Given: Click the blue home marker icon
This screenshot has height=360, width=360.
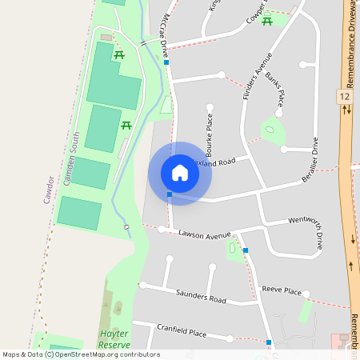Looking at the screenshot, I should coord(180,173).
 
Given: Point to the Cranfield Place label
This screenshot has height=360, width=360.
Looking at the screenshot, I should coord(182,331).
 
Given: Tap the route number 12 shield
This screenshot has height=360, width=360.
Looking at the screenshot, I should coord(345,96).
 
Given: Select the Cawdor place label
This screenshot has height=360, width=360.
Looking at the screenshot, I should coord(49,189).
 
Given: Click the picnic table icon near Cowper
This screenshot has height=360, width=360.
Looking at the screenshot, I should coord(267,21).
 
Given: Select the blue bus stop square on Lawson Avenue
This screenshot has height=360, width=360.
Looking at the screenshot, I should coord(246,250).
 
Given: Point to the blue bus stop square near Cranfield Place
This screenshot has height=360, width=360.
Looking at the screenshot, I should coord(269,342).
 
